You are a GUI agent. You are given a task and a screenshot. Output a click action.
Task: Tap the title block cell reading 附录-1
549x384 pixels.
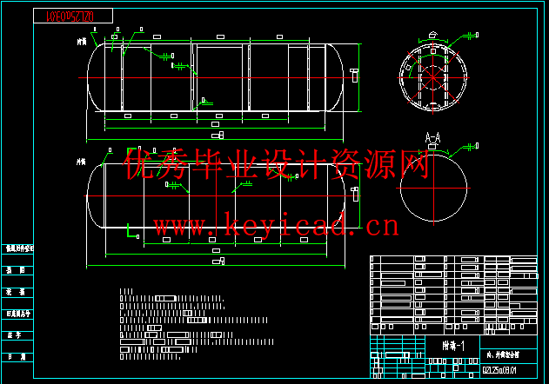(x=453, y=346)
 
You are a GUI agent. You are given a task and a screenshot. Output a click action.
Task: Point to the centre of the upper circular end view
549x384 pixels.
(x=433, y=74)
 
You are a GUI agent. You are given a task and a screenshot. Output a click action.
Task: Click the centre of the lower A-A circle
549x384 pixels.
(x=433, y=189)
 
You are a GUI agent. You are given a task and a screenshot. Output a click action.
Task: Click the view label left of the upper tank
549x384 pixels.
(x=82, y=40)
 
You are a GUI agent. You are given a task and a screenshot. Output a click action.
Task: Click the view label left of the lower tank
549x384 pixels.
(x=82, y=161)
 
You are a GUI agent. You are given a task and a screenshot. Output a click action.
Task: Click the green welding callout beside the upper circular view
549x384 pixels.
(x=471, y=35)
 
